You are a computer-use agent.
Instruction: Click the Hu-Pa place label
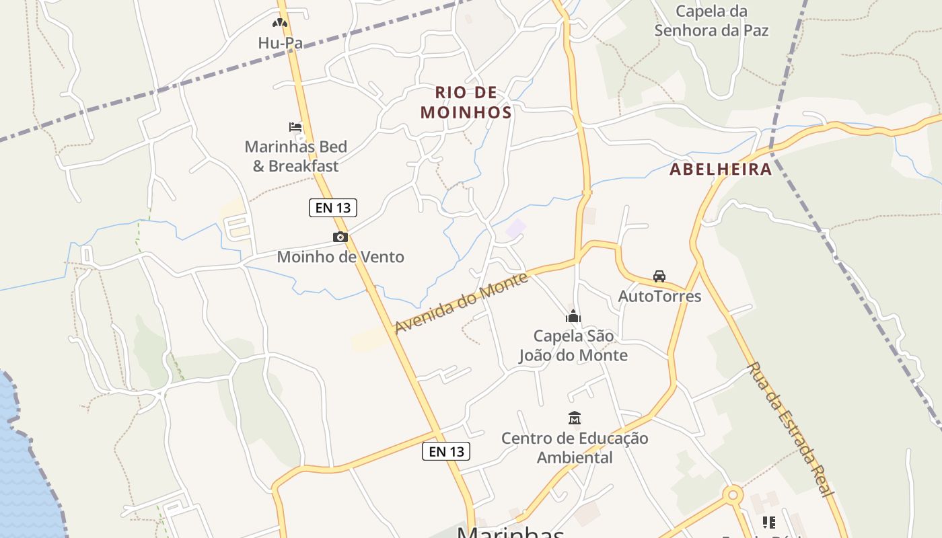(x=280, y=43)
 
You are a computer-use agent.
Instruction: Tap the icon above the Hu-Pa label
(x=280, y=23)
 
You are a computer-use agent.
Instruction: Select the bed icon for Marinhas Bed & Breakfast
(x=295, y=126)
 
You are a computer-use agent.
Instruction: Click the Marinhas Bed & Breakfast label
(x=296, y=156)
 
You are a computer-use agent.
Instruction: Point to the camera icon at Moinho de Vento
(x=340, y=237)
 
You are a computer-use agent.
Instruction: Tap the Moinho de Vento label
(x=340, y=257)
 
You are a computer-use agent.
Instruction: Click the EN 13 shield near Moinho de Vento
(x=333, y=208)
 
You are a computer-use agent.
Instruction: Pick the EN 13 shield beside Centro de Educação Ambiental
(x=446, y=451)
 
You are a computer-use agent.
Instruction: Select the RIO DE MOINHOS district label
(x=466, y=102)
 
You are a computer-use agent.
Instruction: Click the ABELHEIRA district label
(x=721, y=169)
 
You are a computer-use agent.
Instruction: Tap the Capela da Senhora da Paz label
(x=711, y=21)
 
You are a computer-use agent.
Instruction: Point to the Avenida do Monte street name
(x=461, y=302)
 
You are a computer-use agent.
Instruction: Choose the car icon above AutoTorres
(x=659, y=276)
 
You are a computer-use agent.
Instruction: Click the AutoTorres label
(x=659, y=297)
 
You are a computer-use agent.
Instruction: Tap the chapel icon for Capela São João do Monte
(x=573, y=316)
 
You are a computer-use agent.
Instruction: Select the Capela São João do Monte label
(x=573, y=346)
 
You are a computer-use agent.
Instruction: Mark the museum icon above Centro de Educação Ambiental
(x=575, y=418)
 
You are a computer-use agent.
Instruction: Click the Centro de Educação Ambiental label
(x=575, y=448)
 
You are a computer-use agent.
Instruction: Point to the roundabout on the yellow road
(x=732, y=496)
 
